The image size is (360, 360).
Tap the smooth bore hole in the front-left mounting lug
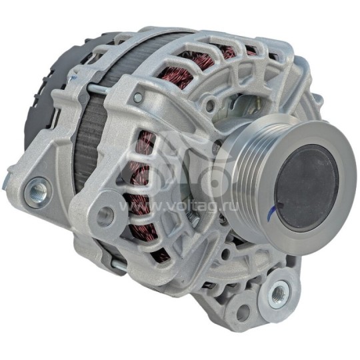tap(104, 216)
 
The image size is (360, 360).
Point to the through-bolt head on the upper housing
tap(137, 98)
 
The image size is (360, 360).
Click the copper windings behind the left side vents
tap(143, 167)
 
